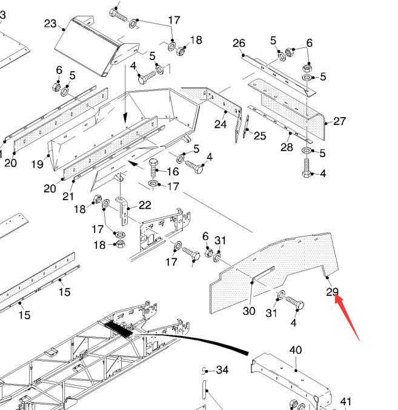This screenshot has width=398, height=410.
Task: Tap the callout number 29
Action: [332, 292]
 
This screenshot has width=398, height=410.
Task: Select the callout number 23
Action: [50, 24]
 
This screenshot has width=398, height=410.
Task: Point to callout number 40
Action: [295, 351]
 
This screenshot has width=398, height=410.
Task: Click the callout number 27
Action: [339, 121]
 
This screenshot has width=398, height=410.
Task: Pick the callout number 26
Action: [239, 43]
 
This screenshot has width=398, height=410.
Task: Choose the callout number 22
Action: [145, 205]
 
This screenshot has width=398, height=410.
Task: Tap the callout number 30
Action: [249, 311]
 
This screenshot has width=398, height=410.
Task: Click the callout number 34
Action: [222, 370]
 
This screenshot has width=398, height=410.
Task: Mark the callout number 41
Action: [346, 401]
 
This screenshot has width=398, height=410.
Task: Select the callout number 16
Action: [173, 172]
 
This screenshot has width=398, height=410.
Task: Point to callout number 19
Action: [36, 164]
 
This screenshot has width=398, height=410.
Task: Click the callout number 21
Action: [68, 197]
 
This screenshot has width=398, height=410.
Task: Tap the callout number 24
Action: [221, 124]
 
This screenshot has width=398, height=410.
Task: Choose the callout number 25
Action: [260, 136]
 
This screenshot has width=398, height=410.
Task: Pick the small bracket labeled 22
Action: [124, 206]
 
